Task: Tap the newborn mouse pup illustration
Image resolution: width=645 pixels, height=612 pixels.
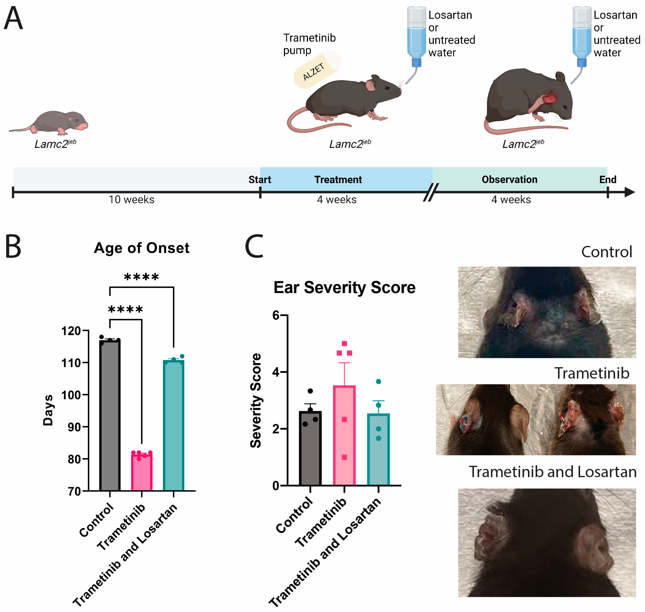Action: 52,122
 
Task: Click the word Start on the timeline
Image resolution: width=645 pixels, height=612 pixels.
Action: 260,179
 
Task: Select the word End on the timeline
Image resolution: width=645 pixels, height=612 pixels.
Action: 607,179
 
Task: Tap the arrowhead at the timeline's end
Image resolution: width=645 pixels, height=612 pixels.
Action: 630,192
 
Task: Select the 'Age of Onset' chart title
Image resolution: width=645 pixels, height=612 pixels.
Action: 141,248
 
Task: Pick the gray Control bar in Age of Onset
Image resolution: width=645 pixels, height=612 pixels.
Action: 110,414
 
